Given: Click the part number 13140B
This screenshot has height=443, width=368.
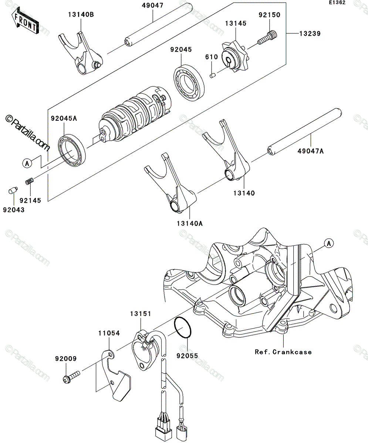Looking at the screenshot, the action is [81, 15].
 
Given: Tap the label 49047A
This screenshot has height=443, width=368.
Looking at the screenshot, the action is [310, 151].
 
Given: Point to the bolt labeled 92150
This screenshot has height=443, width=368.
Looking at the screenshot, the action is [268, 38].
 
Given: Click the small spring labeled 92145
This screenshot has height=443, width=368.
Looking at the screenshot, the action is [30, 181].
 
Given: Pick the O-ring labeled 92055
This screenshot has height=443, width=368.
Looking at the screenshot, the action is [183, 330].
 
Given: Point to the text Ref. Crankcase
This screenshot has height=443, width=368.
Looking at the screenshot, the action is [283, 352].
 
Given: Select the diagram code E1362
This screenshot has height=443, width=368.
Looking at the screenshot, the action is [337, 3].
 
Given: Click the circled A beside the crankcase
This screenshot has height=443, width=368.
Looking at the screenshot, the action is [329, 243].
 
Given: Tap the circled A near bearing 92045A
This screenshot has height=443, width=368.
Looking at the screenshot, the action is [27, 164].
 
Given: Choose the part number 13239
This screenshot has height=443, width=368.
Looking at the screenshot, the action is [310, 34].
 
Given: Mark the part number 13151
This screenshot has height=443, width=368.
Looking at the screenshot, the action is [141, 313].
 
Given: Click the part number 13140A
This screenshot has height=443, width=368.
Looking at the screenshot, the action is [190, 223].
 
